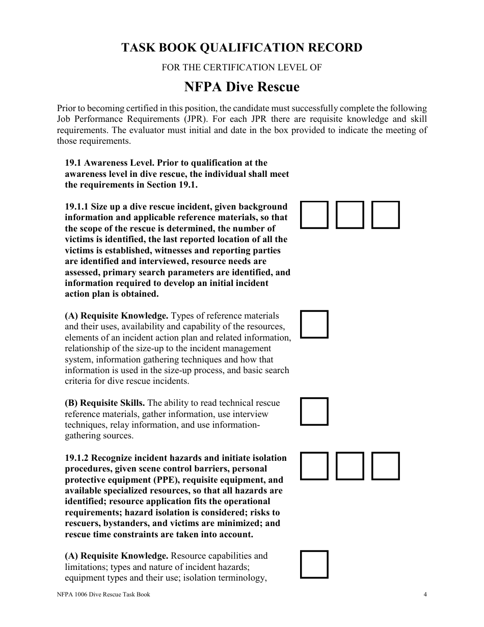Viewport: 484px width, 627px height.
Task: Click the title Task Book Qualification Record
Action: (241, 48)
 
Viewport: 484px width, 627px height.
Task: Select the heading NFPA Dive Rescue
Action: (241, 87)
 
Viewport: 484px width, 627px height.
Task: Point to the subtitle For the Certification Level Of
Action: (241, 67)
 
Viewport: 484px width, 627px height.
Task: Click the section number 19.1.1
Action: (76, 207)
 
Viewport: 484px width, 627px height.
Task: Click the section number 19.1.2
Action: (76, 458)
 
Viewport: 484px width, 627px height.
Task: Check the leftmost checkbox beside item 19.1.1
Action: (314, 215)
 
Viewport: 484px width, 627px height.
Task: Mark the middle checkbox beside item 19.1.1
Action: (349, 215)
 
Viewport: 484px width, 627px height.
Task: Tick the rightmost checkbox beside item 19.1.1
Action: (385, 215)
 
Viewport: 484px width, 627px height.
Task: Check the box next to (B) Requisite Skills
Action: (314, 411)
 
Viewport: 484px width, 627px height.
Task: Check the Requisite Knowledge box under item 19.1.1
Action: (314, 324)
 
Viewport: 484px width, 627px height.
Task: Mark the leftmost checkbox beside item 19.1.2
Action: (314, 466)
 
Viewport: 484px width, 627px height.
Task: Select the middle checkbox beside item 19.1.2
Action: (349, 466)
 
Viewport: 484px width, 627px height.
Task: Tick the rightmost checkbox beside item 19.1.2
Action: (385, 466)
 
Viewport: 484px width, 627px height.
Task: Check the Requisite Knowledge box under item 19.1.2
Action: (314, 564)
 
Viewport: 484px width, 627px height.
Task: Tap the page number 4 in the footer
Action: (424, 594)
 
